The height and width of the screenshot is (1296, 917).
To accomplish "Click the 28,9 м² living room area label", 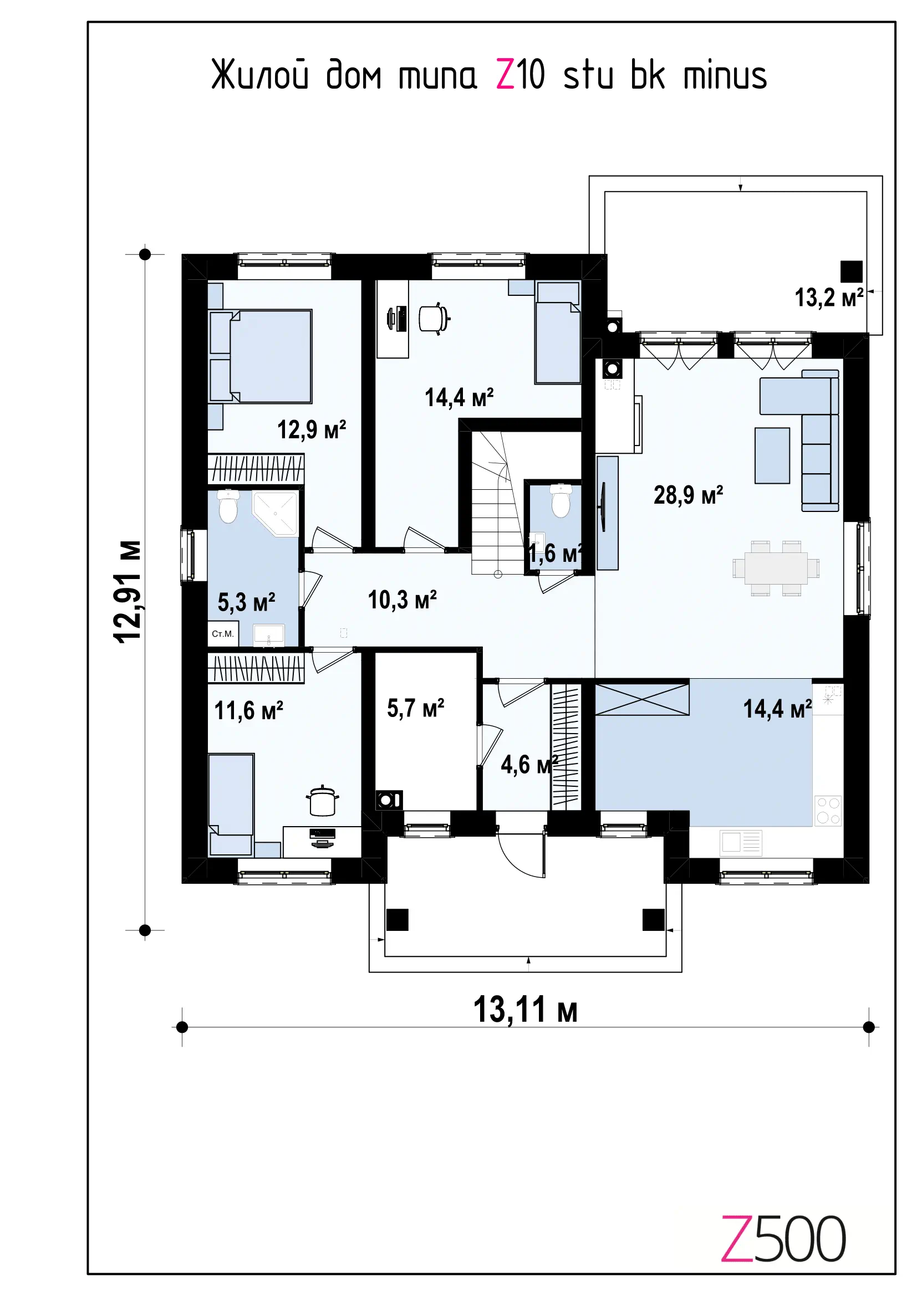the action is pos(687,495).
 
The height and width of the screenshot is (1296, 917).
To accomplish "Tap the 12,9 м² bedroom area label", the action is pos(311,430).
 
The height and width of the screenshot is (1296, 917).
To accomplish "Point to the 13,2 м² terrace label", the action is pos(829,298).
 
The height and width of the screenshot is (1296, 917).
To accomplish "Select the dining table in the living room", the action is pos(776,568).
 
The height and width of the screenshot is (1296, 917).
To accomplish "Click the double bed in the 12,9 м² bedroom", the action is pos(261,356).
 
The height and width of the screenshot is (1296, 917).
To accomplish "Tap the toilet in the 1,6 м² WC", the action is pos(561,501).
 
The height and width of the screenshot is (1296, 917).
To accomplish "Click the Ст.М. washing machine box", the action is pos(223,634).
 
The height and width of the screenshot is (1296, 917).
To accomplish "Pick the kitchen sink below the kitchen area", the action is pos(741,843).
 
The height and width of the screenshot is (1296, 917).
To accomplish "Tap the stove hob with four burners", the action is pos(828,811).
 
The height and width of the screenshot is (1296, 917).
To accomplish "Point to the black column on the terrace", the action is pos(851,272).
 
